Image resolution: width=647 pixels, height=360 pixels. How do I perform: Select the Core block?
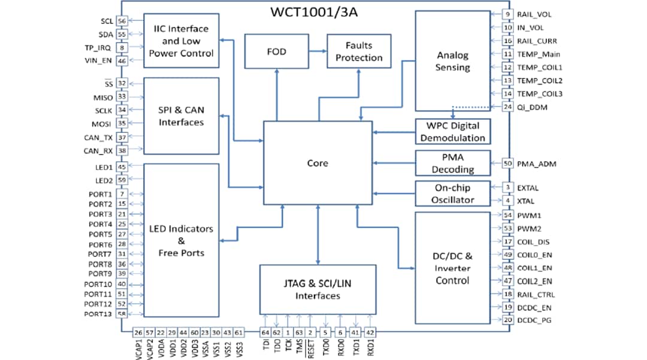pyautogui.click(x=318, y=163)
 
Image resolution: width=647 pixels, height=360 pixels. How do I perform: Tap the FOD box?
pyautogui.click(x=276, y=52)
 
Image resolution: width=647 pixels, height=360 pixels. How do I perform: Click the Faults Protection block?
pyautogui.click(x=358, y=52)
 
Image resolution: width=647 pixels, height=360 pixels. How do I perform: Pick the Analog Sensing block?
pyautogui.click(x=452, y=61)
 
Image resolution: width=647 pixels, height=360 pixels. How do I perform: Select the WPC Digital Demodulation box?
pyautogui.click(x=452, y=131)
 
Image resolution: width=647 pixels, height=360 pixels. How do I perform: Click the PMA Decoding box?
pyautogui.click(x=452, y=163)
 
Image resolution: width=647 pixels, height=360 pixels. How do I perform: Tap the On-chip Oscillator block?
pyautogui.click(x=452, y=193)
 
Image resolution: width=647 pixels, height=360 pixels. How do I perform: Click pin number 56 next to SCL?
pyautogui.click(x=122, y=21)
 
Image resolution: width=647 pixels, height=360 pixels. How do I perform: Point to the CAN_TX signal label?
pyautogui.click(x=99, y=138)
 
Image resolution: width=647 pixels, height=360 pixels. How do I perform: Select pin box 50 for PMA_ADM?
pyautogui.click(x=507, y=163)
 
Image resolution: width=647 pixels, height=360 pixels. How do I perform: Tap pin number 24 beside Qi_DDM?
pyautogui.click(x=507, y=107)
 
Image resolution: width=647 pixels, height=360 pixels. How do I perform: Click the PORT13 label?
pyautogui.click(x=98, y=314)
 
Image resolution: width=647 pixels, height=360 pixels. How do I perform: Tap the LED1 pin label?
pyautogui.click(x=102, y=167)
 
